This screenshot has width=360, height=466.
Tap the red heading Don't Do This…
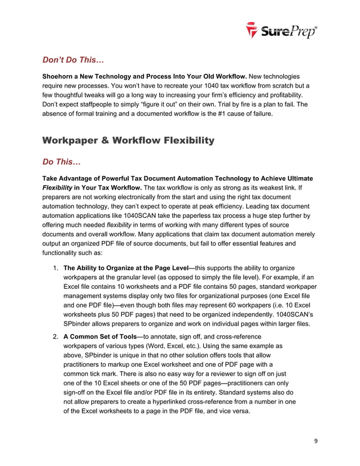coord(73,59)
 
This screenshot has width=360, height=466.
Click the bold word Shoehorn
coord(62,76)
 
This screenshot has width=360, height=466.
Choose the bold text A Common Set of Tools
coord(99,337)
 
